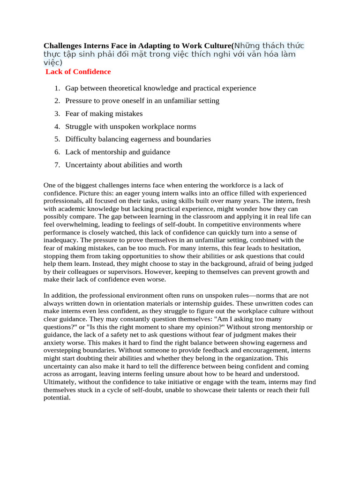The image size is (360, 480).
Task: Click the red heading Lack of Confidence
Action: pyautogui.click(x=78, y=72)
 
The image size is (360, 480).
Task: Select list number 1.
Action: pyautogui.click(x=57, y=88)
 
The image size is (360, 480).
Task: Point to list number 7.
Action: pyautogui.click(x=57, y=165)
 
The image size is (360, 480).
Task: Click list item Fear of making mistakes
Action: pyautogui.click(x=104, y=114)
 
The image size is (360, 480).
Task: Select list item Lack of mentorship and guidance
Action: pyautogui.click(x=118, y=152)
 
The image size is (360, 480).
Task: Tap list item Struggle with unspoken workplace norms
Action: pyautogui.click(x=130, y=127)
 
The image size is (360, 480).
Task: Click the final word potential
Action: pyautogui.click(x=56, y=397)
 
